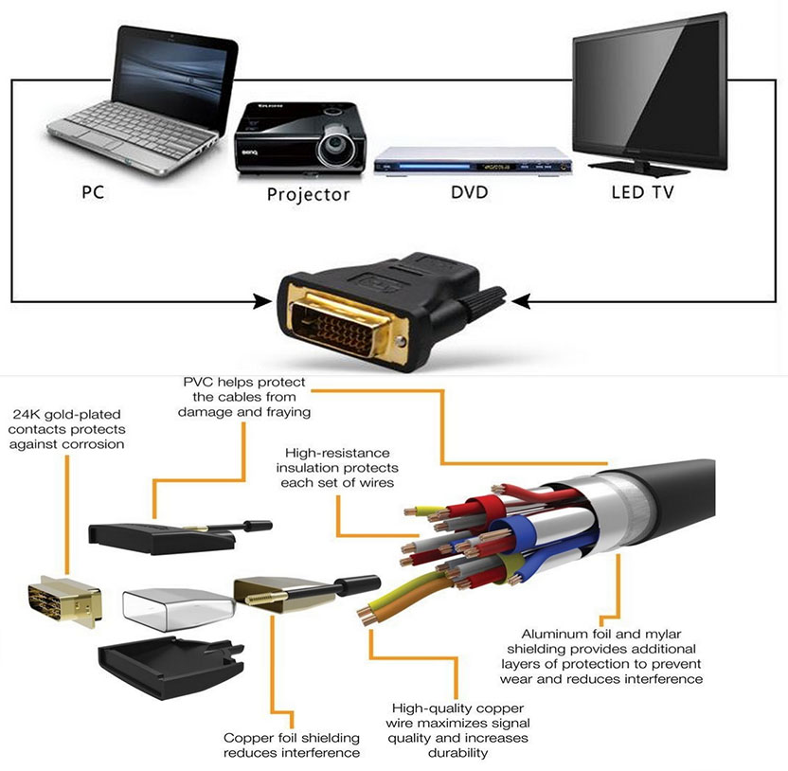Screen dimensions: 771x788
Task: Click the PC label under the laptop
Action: pos(93,193)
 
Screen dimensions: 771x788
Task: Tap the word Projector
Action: pos(308,195)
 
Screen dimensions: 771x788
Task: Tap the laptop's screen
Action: pos(174,68)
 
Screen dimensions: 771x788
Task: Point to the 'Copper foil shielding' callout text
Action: pos(292,737)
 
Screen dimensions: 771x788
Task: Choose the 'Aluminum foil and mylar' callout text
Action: pos(611,634)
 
